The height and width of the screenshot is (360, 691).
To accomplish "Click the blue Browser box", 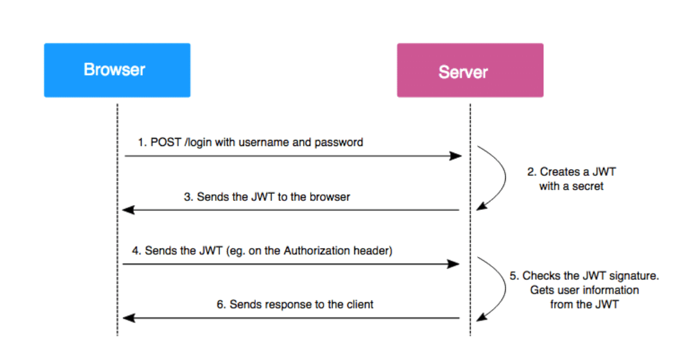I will (x=117, y=70).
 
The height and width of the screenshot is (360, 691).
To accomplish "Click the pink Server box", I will (x=470, y=70).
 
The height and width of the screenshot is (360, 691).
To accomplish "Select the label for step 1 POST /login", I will (x=250, y=143).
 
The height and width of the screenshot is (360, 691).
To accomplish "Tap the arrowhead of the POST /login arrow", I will (x=456, y=156).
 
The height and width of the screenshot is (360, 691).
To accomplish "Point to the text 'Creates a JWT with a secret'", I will (x=571, y=179).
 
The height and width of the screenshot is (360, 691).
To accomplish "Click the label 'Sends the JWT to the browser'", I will (x=267, y=196).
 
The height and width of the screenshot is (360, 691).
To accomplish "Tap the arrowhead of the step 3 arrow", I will (x=127, y=210).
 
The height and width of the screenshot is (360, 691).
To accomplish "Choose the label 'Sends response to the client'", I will (x=295, y=304).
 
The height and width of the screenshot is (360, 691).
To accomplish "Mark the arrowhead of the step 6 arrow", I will (x=127, y=318).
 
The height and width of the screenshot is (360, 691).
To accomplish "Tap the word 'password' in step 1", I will (x=341, y=143).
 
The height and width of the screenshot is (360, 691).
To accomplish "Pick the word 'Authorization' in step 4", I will (x=323, y=251).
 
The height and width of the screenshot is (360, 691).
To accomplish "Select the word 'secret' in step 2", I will (x=588, y=186).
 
